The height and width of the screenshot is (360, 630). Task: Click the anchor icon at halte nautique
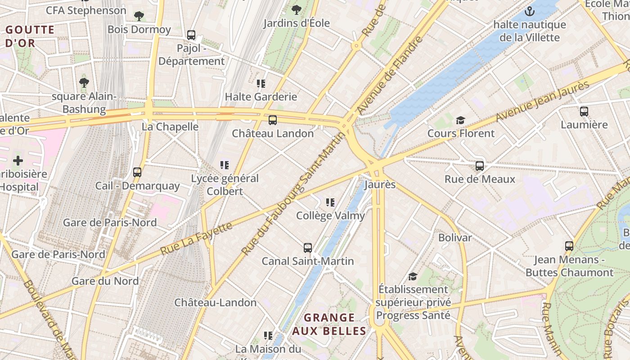click(x=530, y=11)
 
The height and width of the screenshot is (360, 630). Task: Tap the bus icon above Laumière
click(x=584, y=111)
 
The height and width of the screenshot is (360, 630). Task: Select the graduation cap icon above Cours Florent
click(x=460, y=120)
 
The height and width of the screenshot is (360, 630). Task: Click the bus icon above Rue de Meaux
click(x=480, y=166)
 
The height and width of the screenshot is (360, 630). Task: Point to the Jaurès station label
click(x=380, y=184)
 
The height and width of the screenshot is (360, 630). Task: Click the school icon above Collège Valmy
click(x=330, y=202)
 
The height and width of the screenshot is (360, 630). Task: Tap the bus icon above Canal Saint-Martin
click(x=308, y=247)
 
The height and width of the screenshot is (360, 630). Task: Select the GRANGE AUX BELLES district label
click(x=329, y=324)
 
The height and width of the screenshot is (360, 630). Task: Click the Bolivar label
click(x=455, y=238)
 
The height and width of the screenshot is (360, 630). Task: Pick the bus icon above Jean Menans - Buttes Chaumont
click(x=569, y=246)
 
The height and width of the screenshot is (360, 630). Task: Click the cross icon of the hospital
click(x=18, y=161)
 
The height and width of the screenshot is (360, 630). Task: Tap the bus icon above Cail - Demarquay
click(x=137, y=172)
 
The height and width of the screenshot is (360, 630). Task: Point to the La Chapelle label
click(x=170, y=126)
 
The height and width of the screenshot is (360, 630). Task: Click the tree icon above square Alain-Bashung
click(x=84, y=82)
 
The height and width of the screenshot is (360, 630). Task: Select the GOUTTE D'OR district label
click(x=30, y=36)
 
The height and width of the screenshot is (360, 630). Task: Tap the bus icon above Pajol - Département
click(x=191, y=35)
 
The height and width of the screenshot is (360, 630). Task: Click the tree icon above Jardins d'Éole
click(x=296, y=9)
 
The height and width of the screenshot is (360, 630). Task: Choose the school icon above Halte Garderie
click(x=261, y=83)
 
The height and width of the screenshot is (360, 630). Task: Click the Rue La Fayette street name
click(x=197, y=238)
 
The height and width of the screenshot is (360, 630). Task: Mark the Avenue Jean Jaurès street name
click(x=542, y=102)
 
